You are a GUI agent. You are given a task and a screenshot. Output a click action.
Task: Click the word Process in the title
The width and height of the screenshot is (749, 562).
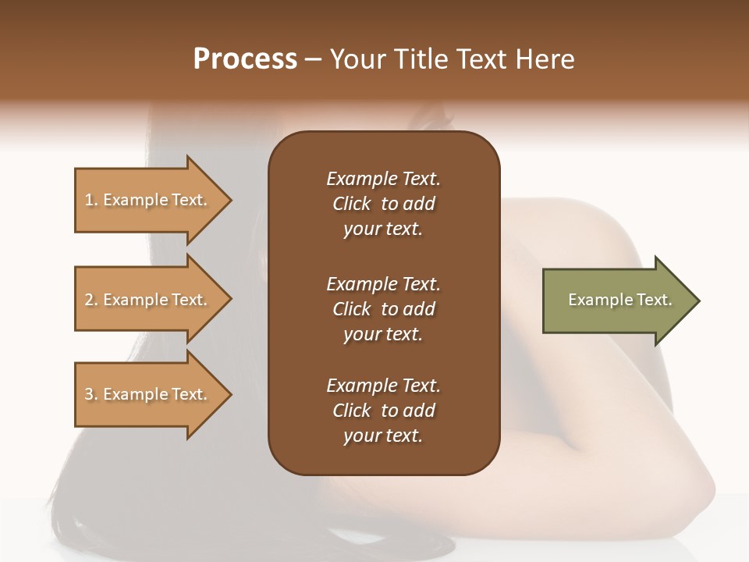[245, 59]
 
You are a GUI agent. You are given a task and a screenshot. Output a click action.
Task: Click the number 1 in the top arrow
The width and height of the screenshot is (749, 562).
[89, 200]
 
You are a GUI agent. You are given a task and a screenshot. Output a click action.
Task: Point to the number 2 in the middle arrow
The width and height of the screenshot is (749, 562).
[89, 300]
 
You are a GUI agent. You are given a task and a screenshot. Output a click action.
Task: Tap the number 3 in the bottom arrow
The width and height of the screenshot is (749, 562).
[89, 394]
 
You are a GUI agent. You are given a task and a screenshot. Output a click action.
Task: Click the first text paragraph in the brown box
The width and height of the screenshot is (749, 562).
[383, 204]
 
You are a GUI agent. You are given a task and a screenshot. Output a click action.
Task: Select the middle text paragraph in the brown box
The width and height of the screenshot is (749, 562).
[383, 309]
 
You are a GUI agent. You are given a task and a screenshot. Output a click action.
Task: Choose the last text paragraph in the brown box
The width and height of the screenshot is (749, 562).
[383, 411]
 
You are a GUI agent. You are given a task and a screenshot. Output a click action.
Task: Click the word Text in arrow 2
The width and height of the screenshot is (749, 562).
[190, 300]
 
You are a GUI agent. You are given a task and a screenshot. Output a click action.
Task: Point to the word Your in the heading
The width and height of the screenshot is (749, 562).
[358, 59]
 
